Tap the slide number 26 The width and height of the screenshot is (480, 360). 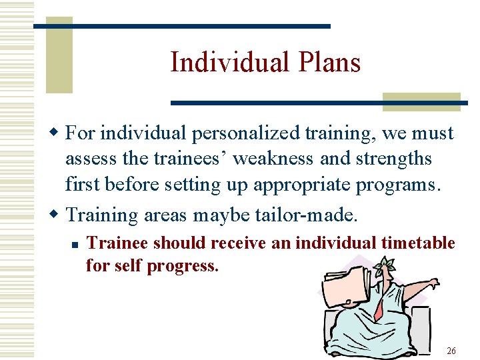[451, 351]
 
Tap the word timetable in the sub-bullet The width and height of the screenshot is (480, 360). [418, 243]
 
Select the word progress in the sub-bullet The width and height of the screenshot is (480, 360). [181, 265]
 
